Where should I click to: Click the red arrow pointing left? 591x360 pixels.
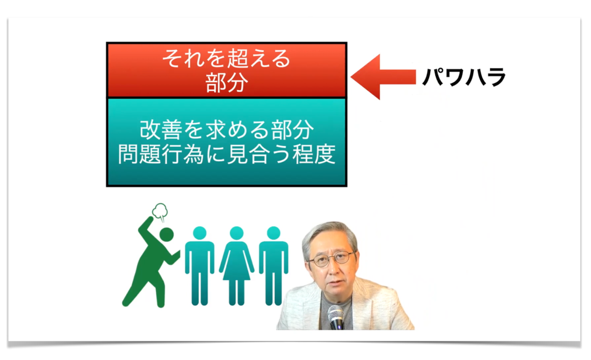[383, 77]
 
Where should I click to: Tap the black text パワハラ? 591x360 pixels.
[464, 77]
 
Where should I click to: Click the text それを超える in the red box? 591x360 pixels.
[226, 58]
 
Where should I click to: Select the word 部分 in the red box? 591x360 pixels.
[227, 83]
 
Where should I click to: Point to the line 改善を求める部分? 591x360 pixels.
[227, 130]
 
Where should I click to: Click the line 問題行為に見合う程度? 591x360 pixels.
[227, 154]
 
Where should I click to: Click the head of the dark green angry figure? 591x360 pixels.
[166, 235]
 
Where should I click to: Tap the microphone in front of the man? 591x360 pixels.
[336, 317]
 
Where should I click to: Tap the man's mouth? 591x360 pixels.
[334, 284]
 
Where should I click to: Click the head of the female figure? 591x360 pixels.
[236, 233]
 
